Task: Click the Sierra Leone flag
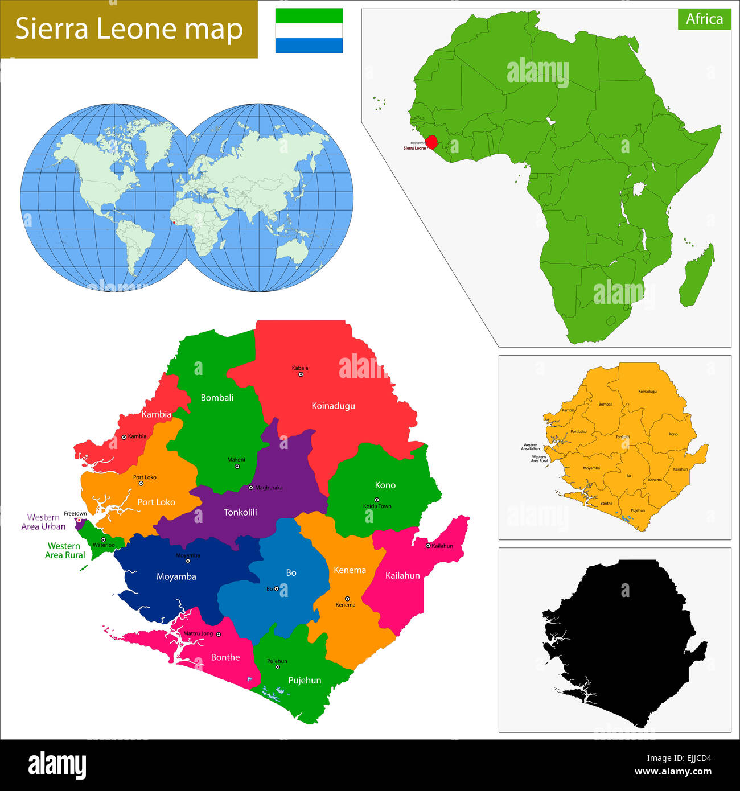click(x=309, y=31)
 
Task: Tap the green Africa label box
click(x=704, y=19)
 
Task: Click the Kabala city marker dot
click(x=301, y=374)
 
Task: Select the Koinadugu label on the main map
click(x=333, y=406)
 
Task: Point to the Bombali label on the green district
click(x=217, y=398)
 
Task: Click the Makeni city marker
click(x=237, y=467)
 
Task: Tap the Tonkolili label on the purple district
click(x=240, y=512)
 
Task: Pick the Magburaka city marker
click(x=251, y=488)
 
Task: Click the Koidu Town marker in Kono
click(x=376, y=500)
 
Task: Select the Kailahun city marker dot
click(x=428, y=546)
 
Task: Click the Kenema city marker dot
click(x=347, y=599)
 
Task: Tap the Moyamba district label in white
click(x=176, y=576)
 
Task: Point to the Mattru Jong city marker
click(x=218, y=634)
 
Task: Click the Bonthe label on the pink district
click(x=225, y=657)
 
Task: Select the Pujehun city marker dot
click(x=278, y=667)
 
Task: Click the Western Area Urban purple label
click(x=43, y=522)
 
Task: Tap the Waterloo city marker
click(x=103, y=539)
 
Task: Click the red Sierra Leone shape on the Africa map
click(x=432, y=142)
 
